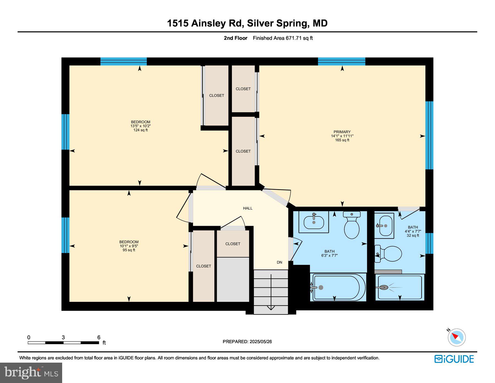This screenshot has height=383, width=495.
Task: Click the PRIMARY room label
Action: coord(342,132)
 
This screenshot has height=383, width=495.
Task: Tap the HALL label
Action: coord(248,208)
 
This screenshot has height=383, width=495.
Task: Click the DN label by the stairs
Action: coord(279,262)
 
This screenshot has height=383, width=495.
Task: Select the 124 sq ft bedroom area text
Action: coord(141,130)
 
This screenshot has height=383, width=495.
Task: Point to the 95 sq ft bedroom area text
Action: coord(129,250)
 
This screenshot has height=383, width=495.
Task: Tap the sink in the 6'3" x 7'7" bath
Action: coord(314,222)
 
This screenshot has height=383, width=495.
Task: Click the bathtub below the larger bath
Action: coord(338,287)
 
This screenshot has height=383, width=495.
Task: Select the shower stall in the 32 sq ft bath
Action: coord(400,287)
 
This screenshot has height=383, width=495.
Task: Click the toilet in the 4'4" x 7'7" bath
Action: coord(388,254)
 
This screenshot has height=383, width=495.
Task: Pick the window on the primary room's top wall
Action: coord(342,61)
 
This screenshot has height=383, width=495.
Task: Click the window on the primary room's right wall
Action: coord(429,135)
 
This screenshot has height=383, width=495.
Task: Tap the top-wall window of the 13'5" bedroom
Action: coord(123,61)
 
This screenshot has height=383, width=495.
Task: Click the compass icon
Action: coord(457,337)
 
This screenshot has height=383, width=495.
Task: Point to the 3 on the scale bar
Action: coord(63,337)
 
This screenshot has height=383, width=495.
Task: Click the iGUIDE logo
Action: coord(454,359)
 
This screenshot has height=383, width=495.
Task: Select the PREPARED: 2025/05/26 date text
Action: coord(247,341)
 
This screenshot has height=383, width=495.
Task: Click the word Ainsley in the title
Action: coord(208,23)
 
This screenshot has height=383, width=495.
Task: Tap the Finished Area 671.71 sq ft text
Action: coord(283,38)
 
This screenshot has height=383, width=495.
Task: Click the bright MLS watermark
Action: coord(31,373)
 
